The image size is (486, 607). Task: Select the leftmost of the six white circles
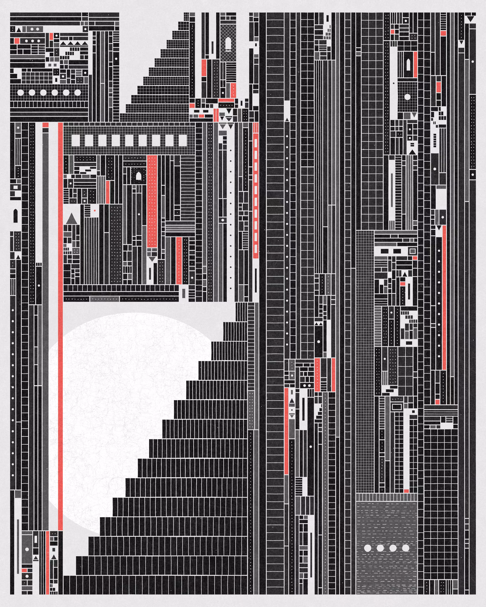pos(20,92)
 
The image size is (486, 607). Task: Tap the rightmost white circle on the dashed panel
pos(406,548)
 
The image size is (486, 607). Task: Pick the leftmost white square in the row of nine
pos(75,140)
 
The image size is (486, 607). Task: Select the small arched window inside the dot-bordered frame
pos(139,177)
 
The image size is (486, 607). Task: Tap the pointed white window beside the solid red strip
pos(408,65)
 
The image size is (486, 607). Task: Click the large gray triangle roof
pos(71,219)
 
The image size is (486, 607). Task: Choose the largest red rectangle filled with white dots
pos(152,201)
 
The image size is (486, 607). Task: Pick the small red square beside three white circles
pos(17,41)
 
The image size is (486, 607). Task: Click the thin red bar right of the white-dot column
pos(444,297)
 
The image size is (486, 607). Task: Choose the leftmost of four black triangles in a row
pos(63,43)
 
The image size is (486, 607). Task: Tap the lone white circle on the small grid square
pos(407,97)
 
